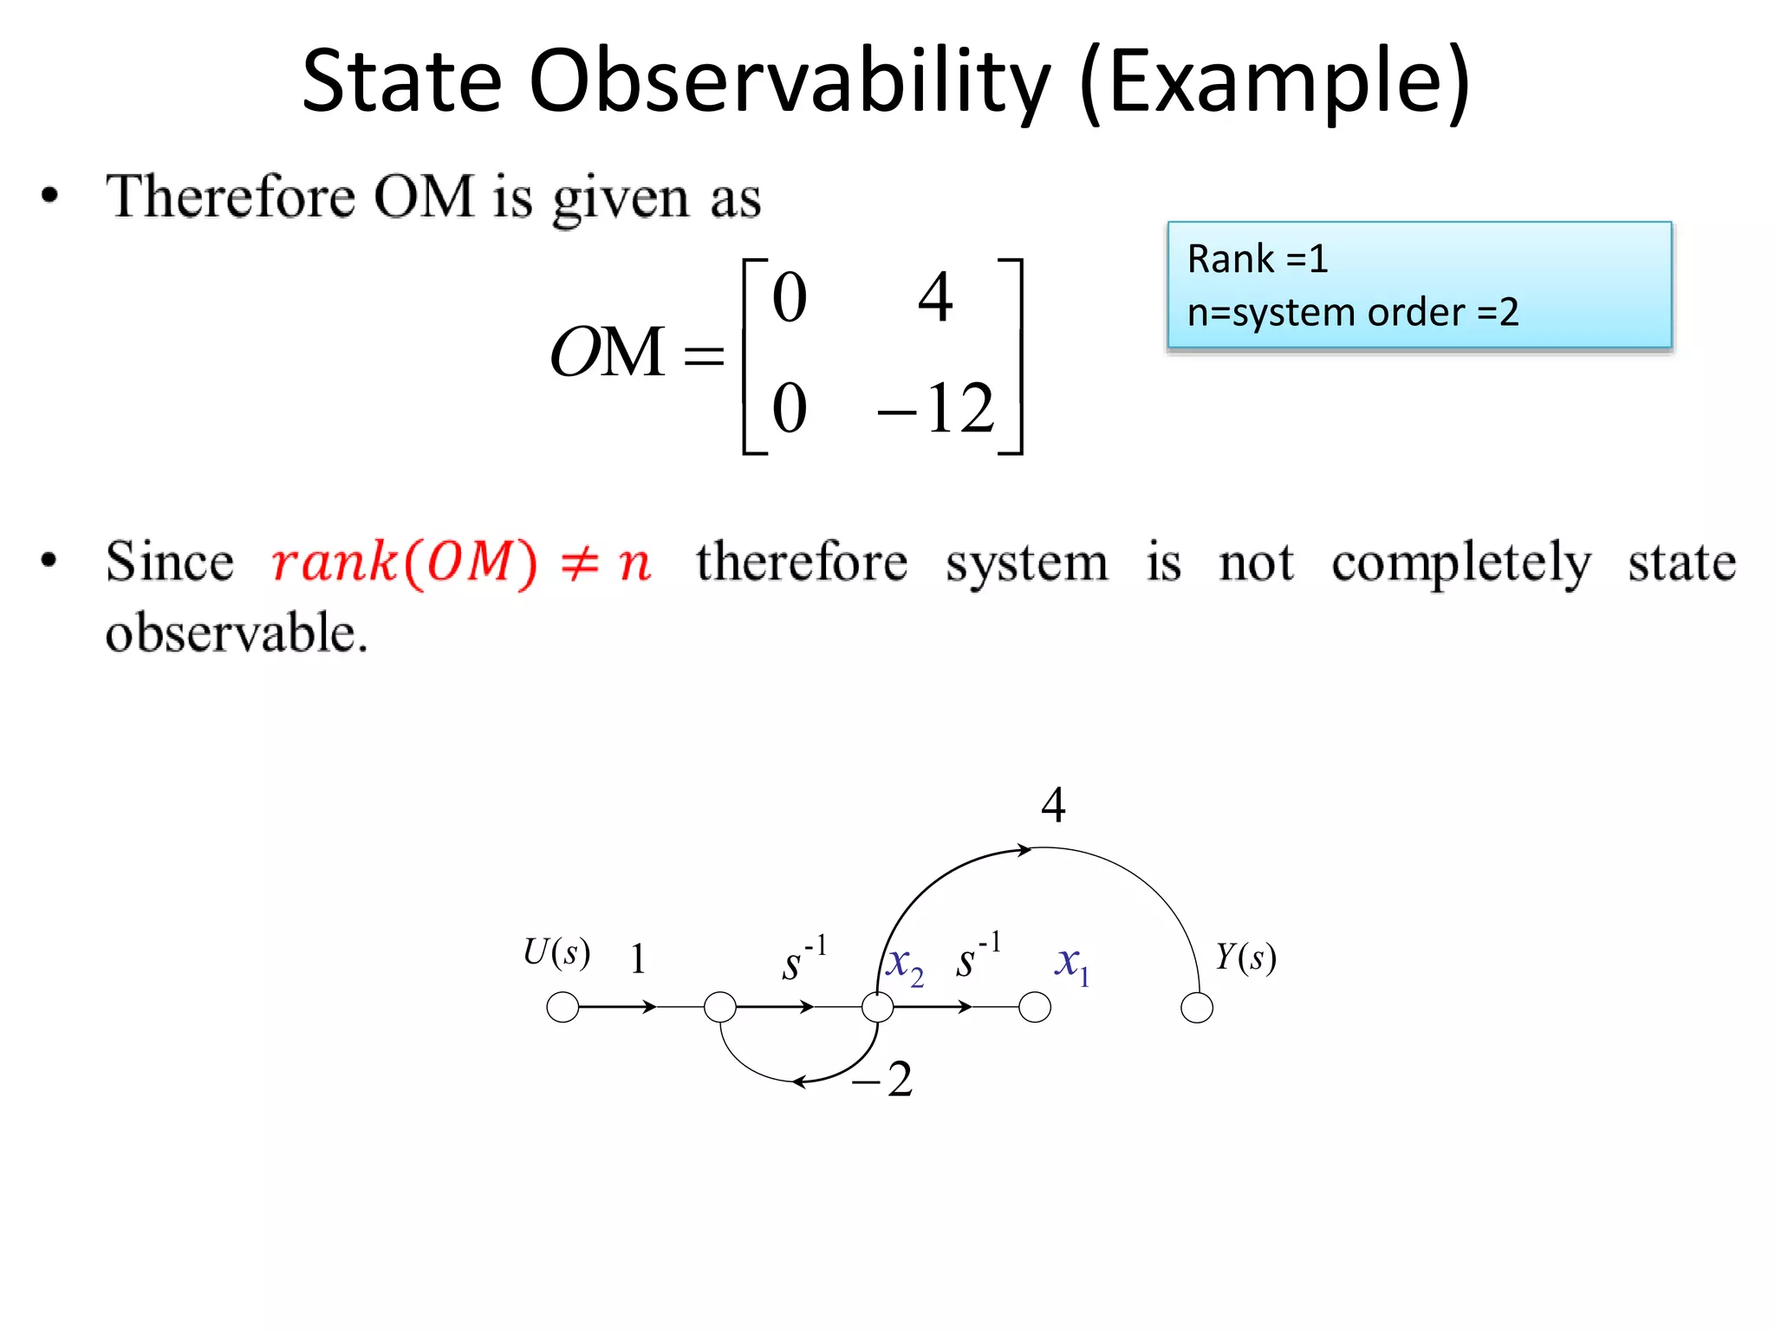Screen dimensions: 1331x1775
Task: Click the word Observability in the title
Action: (789, 82)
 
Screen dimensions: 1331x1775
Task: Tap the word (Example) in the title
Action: (1274, 82)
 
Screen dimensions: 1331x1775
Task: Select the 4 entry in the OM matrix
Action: (935, 297)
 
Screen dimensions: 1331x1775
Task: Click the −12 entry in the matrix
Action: (936, 408)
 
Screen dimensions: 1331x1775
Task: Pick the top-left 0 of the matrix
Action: (789, 297)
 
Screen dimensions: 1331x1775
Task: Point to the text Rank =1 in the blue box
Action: (1257, 259)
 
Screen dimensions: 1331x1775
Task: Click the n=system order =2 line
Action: (1352, 313)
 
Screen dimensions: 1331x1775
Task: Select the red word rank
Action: (334, 562)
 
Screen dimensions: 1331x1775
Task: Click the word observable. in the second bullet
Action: (236, 633)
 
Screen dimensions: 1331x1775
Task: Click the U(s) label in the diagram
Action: (556, 952)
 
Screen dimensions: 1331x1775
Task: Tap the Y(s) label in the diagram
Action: (1245, 958)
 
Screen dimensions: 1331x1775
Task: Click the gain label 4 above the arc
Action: (1053, 805)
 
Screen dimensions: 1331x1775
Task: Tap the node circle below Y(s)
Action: (1197, 1008)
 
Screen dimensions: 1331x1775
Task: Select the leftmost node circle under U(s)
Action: (563, 1008)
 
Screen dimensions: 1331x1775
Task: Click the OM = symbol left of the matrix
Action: (635, 354)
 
